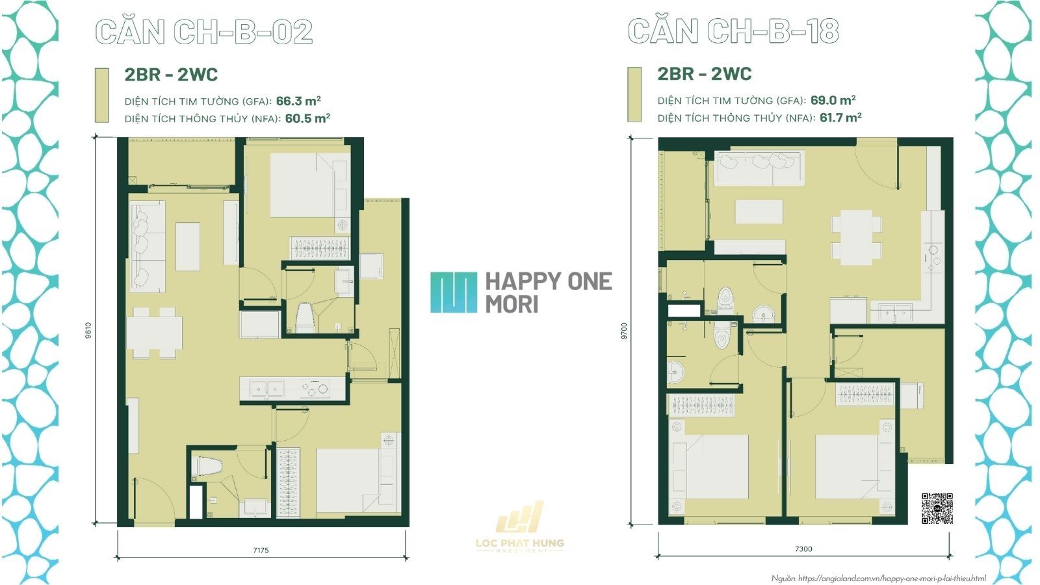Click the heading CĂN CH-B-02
(204, 32)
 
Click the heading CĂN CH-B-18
(733, 31)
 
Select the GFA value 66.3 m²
(298, 101)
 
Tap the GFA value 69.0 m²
(833, 100)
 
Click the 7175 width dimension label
(261, 551)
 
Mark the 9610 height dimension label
(88, 330)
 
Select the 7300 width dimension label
(803, 549)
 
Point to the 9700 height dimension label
(624, 331)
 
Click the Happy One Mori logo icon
(453, 292)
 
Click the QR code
(937, 508)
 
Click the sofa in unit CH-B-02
(148, 245)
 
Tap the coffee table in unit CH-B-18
(759, 211)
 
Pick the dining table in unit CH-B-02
(154, 333)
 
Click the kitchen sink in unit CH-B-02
(267, 389)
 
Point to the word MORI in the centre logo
(512, 304)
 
